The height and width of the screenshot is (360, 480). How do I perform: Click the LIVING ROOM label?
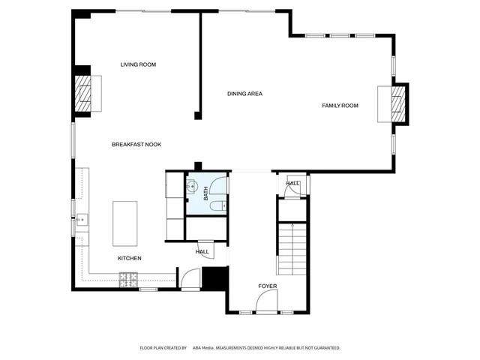click(138, 65)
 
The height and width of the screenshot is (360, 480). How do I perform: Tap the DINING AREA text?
click(244, 94)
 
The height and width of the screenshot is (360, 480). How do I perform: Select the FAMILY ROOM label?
click(340, 106)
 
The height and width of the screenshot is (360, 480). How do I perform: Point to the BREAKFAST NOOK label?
click(136, 145)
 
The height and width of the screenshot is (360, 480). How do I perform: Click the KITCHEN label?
click(129, 259)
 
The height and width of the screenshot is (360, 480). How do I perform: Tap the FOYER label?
click(268, 286)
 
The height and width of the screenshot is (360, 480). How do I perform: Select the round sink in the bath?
click(192, 187)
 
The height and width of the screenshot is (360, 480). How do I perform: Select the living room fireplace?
click(82, 93)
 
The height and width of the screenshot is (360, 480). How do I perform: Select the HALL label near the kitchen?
click(202, 252)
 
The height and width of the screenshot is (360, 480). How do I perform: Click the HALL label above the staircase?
click(292, 183)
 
